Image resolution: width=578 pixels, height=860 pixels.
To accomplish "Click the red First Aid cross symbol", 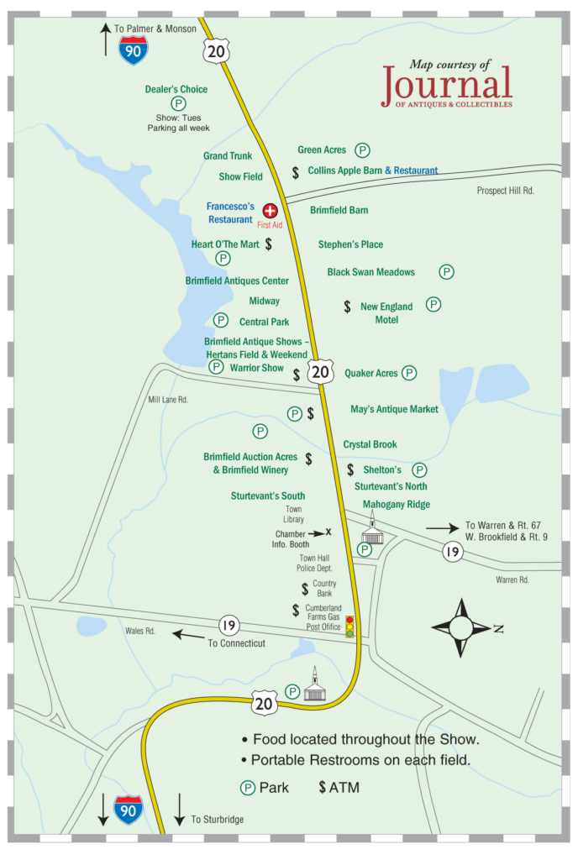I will tap(271, 211).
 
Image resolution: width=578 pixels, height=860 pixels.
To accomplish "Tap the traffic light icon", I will tap(350, 627).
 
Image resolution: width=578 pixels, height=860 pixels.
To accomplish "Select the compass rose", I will tap(461, 627).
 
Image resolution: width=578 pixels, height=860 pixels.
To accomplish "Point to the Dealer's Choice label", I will tap(176, 90).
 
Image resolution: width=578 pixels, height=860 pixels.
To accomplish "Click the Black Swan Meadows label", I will tap(370, 272).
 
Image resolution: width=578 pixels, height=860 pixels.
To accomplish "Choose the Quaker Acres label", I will tap(371, 373).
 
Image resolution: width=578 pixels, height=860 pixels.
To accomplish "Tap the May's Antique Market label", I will tap(394, 409).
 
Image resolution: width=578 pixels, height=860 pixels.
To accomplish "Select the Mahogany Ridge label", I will tap(397, 505).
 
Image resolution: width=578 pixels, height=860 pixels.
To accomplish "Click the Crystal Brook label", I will tap(370, 444).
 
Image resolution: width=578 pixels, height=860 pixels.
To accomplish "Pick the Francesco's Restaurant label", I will tap(230, 213).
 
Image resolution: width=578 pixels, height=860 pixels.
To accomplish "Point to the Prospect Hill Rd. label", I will tap(506, 191).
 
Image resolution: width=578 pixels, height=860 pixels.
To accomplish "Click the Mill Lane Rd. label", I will tap(168, 401).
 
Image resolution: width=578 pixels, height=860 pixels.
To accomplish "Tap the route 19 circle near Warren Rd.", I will tap(454, 552).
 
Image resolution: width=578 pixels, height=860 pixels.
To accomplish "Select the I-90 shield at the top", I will tap(133, 50).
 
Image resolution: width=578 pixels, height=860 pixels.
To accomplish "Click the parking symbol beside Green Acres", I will tap(362, 150).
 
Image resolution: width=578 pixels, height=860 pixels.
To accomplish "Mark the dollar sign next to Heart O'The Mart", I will tap(269, 244).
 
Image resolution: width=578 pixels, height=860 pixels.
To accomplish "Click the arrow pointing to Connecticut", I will tap(188, 634).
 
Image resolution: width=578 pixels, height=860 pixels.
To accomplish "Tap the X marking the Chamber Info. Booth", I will tap(328, 532).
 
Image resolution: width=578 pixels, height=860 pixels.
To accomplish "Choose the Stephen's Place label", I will tap(350, 244).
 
